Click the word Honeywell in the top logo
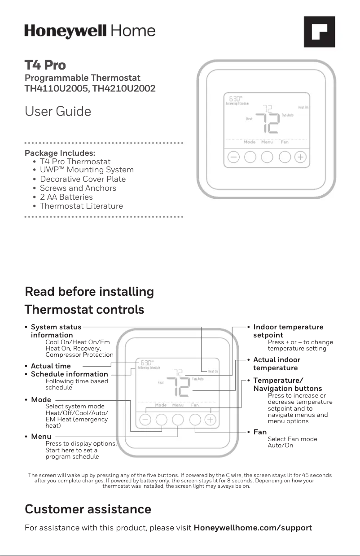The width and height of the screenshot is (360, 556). (66, 31)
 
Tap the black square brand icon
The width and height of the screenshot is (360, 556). (320, 32)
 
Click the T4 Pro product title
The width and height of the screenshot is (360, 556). (45, 66)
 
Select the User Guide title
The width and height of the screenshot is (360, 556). (58, 111)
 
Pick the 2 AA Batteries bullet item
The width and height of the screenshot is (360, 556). (66, 197)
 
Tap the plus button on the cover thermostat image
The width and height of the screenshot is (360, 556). (301, 158)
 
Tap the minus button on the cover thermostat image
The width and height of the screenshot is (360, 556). (233, 158)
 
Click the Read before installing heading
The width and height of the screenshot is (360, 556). (89, 292)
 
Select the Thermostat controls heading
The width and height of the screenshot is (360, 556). (84, 310)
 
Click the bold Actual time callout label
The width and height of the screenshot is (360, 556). (51, 366)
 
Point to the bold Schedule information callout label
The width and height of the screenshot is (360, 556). (69, 374)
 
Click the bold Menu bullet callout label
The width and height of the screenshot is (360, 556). (41, 436)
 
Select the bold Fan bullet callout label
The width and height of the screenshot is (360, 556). (260, 432)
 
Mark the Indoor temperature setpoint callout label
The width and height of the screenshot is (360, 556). (288, 331)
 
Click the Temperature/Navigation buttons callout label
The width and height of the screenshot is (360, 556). (287, 385)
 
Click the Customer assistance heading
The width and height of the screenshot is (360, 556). (88, 509)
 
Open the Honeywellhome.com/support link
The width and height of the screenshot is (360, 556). (253, 528)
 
